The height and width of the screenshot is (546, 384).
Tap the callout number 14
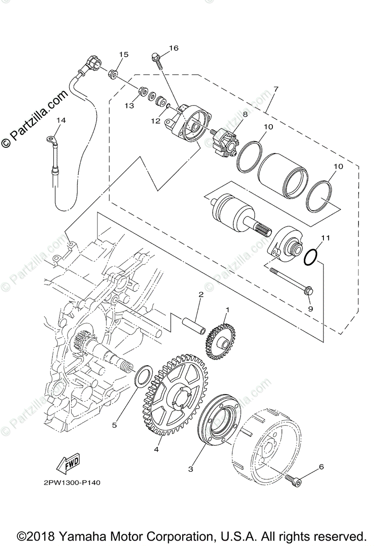(x=61, y=120)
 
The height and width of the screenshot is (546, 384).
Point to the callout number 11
(x=324, y=238)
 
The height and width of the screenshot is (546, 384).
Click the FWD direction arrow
(x=67, y=464)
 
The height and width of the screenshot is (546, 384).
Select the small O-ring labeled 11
(x=311, y=257)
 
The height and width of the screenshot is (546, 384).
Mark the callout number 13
(x=129, y=106)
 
